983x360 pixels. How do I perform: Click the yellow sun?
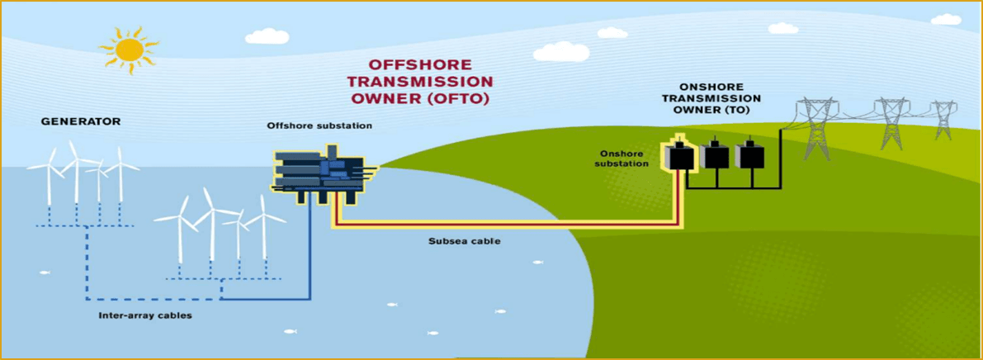[x=130, y=50]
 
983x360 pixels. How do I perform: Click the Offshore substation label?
[x=319, y=126]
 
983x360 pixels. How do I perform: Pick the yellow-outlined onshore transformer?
[x=678, y=154]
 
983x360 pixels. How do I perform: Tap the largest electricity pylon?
[x=815, y=128]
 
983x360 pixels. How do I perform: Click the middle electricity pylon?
[x=891, y=124]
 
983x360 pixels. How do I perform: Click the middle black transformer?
[x=712, y=154]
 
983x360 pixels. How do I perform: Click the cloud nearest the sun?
[x=267, y=36]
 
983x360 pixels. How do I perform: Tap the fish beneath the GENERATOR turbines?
[x=44, y=272]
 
